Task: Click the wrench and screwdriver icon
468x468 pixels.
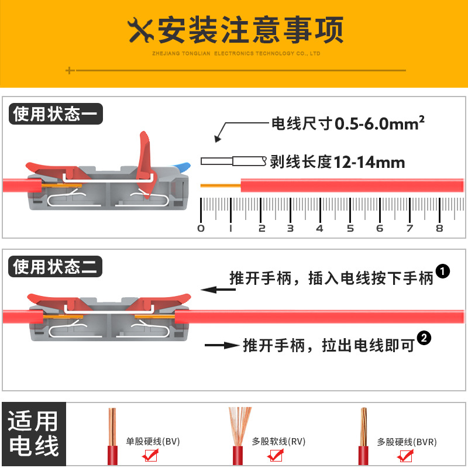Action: point(140,30)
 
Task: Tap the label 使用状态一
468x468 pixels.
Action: point(56,113)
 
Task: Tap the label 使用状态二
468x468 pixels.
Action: point(56,266)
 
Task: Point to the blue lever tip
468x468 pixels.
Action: point(183,167)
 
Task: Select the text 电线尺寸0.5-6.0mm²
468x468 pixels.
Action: point(347,123)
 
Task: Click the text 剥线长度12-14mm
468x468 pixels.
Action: point(338,162)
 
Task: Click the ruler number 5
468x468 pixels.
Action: point(350,229)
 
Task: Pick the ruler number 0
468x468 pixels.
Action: point(201,229)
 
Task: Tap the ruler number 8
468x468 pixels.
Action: point(439,229)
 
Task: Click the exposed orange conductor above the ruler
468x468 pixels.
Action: point(221,185)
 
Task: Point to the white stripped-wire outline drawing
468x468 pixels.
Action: point(233,161)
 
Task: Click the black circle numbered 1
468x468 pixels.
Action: point(443,271)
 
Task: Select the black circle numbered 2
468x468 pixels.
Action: point(424,338)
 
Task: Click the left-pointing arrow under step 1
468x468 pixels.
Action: point(218,290)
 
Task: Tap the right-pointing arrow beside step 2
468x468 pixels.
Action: point(222,345)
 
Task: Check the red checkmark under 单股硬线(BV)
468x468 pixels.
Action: point(150,455)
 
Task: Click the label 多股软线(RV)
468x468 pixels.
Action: point(278,442)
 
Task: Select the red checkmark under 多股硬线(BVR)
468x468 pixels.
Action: point(405,456)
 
